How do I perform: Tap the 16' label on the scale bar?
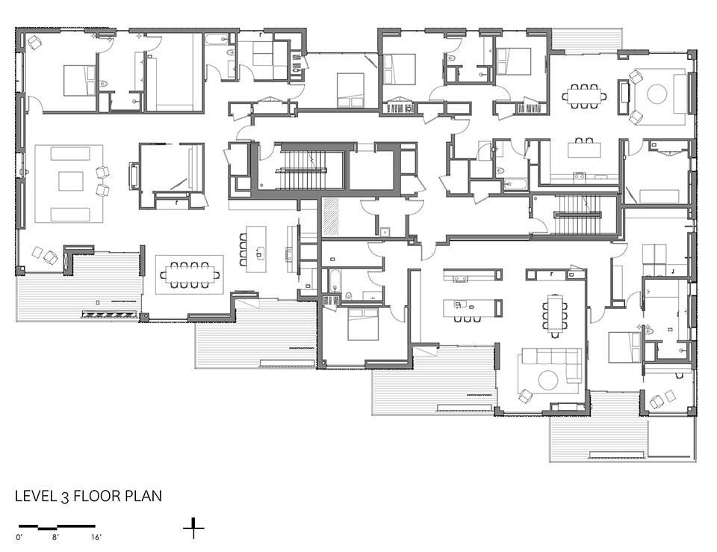[96, 537]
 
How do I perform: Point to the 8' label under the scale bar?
[55, 537]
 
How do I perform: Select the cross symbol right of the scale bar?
[193, 528]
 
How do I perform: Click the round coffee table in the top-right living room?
[657, 95]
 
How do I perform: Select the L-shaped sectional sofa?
[551, 365]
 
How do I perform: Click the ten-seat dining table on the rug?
[189, 275]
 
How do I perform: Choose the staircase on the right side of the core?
[577, 215]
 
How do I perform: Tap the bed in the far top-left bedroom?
[78, 80]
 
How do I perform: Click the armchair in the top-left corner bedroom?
[34, 43]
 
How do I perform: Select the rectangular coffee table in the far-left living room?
[70, 180]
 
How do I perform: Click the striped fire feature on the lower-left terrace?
[109, 314]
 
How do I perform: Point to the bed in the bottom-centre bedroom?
[363, 324]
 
